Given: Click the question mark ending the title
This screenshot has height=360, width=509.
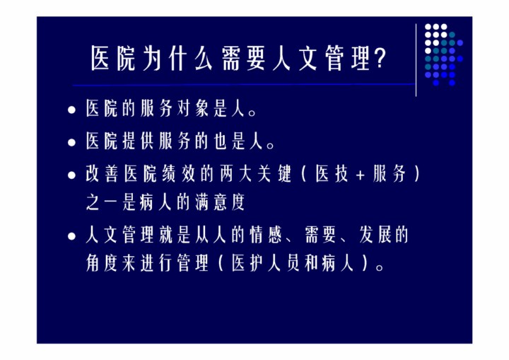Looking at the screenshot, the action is pyautogui.click(x=380, y=58).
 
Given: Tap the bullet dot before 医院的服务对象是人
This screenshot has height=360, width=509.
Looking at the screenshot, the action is pyautogui.click(x=71, y=110).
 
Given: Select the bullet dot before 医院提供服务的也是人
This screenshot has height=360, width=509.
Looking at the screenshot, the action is pyautogui.click(x=71, y=142).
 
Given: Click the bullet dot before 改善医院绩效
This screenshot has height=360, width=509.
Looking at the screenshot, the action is pyautogui.click(x=71, y=175).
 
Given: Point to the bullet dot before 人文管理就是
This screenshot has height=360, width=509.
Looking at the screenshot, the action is pyautogui.click(x=71, y=236).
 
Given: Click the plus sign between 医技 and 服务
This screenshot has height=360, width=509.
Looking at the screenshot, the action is pyautogui.click(x=361, y=175).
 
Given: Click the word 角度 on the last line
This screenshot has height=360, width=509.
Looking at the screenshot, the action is pyautogui.click(x=102, y=263).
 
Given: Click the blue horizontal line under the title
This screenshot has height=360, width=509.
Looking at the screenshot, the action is pyautogui.click(x=244, y=85).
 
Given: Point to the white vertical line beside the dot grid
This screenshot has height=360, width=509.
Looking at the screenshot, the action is pyautogui.click(x=416, y=60).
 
